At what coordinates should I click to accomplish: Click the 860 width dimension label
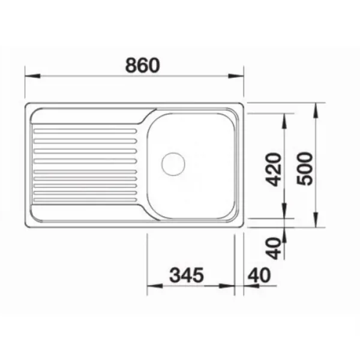(142, 65)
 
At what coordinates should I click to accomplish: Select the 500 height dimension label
(305, 169)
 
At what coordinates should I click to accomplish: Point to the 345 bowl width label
(187, 275)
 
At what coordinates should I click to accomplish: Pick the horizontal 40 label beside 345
(259, 275)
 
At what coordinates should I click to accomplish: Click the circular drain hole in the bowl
(173, 164)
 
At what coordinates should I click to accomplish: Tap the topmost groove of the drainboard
(85, 131)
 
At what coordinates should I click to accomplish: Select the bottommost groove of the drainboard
(85, 200)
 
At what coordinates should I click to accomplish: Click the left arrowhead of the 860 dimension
(32, 76)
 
